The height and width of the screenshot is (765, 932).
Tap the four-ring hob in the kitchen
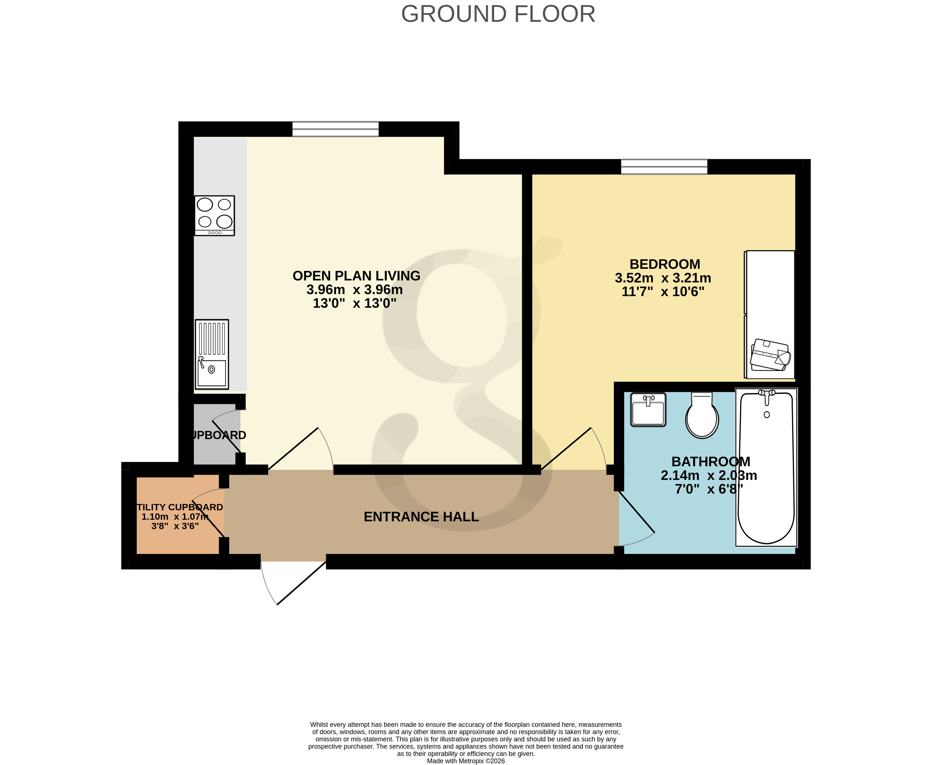coord(215,215)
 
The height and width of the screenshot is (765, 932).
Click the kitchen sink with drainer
coord(212,354)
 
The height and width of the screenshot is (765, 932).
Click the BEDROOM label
coord(664,264)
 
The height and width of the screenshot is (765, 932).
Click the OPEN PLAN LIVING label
coord(356,276)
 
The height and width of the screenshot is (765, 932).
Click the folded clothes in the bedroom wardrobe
coord(770,355)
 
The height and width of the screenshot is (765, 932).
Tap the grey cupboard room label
coord(219,435)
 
